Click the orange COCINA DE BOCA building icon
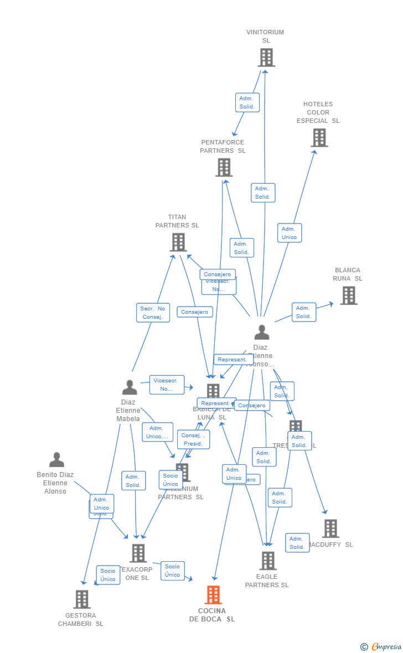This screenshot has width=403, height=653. [x=213, y=595]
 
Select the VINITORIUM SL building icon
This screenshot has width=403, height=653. [x=266, y=58]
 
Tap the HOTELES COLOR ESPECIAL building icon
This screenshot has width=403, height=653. [x=319, y=138]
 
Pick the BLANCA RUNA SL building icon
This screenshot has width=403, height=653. [x=348, y=296]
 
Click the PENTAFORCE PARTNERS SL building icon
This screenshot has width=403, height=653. [x=224, y=167]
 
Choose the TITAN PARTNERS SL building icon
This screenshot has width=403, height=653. [x=178, y=242]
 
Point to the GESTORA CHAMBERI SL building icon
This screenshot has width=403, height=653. [x=81, y=599]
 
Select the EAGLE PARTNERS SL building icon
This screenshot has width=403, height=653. [x=267, y=561]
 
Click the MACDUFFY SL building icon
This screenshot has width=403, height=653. [x=330, y=528]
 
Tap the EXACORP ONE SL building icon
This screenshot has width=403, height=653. [x=138, y=553]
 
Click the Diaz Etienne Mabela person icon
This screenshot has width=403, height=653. [x=129, y=387]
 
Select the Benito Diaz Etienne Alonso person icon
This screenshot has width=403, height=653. [x=56, y=460]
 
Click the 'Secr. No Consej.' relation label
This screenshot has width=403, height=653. [x=153, y=313]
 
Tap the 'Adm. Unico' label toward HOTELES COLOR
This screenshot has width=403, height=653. [x=289, y=233]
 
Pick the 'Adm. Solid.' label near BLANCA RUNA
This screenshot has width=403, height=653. [x=303, y=312]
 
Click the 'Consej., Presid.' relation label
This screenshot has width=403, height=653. [x=193, y=439]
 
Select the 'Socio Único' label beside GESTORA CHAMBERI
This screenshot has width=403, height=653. [x=108, y=575]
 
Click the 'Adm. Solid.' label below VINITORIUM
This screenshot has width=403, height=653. [x=247, y=102]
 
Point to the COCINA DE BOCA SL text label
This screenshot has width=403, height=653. [x=212, y=615]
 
